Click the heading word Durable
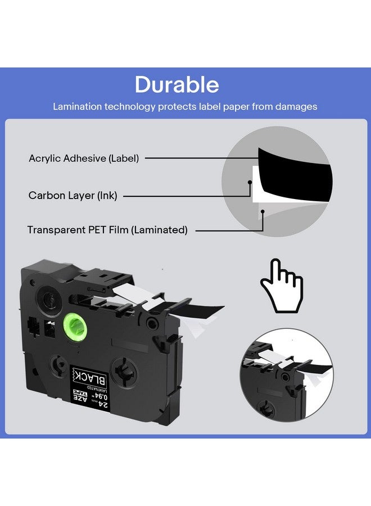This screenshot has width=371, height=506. (177, 85)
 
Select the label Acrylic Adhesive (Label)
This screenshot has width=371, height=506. (84, 159)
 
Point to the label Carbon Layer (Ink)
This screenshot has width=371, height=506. (73, 196)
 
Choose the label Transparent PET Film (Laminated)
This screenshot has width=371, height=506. (107, 230)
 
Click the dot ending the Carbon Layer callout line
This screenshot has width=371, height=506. (250, 181)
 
